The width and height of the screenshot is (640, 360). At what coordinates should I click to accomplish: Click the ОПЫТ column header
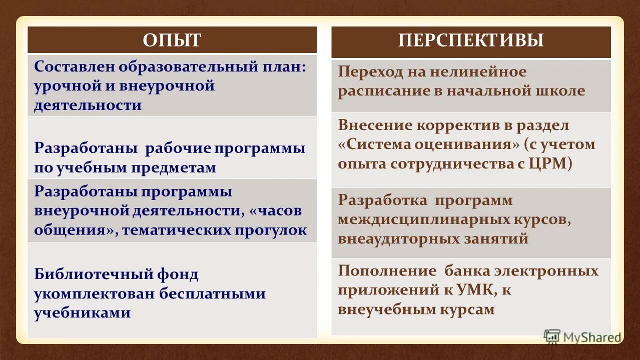click(x=172, y=40)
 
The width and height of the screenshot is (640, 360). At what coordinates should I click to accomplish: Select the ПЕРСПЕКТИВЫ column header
click(x=471, y=40)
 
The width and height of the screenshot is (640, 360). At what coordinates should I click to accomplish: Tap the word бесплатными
click(x=212, y=293)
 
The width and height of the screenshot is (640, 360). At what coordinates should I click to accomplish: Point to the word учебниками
click(x=83, y=313)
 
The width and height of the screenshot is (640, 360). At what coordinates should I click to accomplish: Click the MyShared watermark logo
click(x=583, y=336)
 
